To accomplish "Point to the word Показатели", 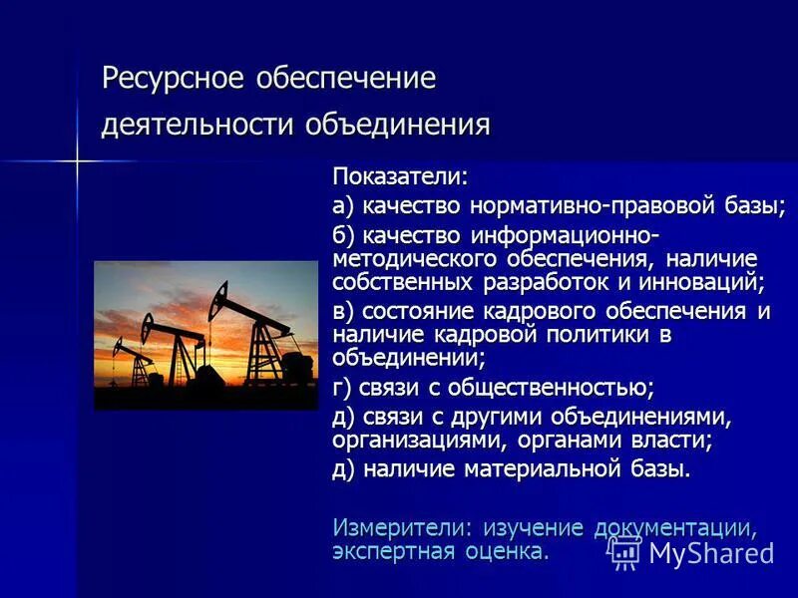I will [399, 176].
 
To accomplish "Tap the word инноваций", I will [708, 283].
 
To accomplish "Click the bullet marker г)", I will [344, 387].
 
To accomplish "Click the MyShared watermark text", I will [710, 553].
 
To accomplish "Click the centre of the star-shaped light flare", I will [76, 158].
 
